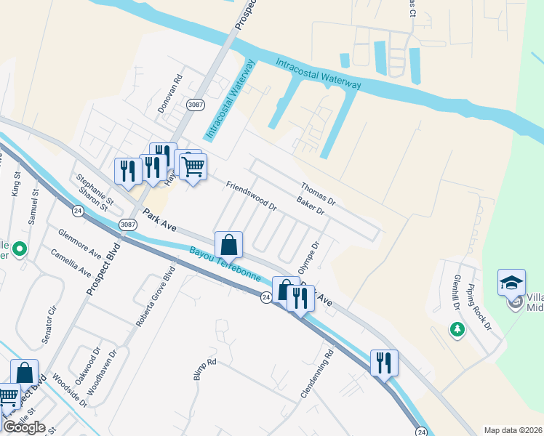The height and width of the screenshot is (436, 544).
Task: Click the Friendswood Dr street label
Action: [252, 195]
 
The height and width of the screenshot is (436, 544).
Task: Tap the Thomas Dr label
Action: [316, 191]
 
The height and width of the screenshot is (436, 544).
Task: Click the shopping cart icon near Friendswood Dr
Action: [193, 167]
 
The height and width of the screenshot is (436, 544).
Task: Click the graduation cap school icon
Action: [511, 282]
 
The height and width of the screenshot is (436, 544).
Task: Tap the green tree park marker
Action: [457, 331]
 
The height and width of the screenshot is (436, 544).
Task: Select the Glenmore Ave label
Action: [79, 242]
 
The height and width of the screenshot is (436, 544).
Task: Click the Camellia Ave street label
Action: [71, 264]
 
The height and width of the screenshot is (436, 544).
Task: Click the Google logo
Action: [24, 427]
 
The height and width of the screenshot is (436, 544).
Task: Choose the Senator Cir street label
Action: [52, 319]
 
